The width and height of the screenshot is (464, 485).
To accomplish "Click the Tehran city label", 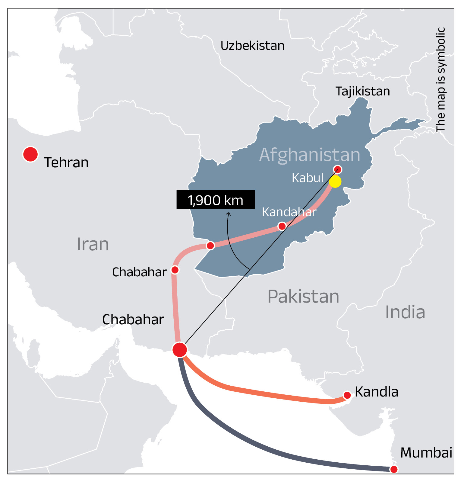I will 66,162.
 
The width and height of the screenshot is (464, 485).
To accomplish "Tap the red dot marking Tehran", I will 30,154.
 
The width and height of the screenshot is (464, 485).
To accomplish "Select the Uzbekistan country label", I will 252,46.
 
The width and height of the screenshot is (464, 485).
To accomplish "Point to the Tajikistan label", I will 363,91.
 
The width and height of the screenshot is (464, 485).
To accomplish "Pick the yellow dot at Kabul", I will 335,181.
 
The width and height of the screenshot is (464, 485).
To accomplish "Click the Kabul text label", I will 308,178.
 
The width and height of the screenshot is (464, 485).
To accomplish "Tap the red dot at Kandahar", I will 282,226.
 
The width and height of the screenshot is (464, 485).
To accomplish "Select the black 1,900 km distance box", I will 216,200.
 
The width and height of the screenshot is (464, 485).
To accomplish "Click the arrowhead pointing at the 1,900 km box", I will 229,214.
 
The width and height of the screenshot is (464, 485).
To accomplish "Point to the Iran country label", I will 93,244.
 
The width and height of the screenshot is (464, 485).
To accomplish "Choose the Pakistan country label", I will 303,296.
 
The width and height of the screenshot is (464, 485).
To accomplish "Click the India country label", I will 405,312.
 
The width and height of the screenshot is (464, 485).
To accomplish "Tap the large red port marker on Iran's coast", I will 180,350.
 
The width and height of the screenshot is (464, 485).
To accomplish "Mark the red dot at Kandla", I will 347,395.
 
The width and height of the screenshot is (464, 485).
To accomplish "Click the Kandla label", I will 377,392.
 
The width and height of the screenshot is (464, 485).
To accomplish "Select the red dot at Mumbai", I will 394,469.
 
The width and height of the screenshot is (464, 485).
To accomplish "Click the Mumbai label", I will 426,453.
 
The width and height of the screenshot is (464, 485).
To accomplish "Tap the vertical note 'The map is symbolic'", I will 441,79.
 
